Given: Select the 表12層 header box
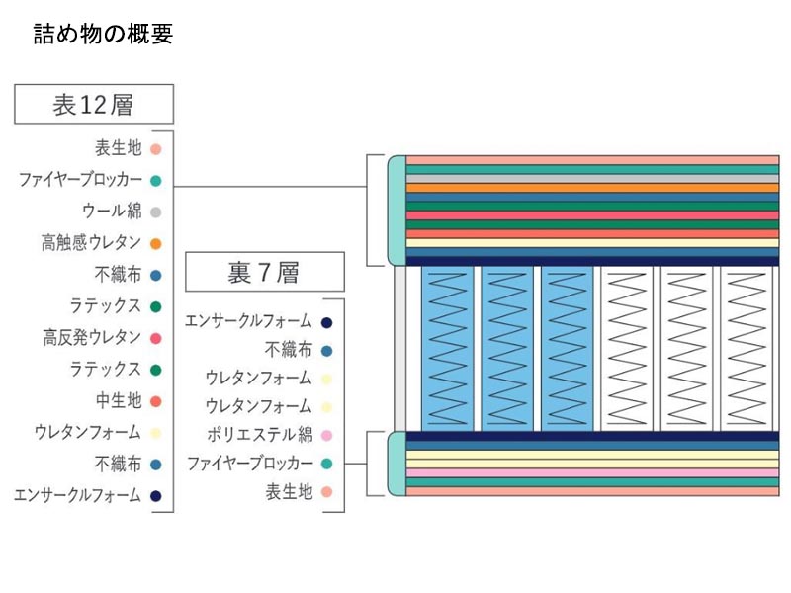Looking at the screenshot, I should click(94, 104).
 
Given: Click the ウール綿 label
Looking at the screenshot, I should click(112, 212).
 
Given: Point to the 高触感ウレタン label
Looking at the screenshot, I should click(92, 243).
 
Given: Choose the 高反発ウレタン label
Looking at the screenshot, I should click(92, 338).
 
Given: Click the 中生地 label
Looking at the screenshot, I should click(119, 401).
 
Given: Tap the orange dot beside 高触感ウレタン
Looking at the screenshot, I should click(156, 243).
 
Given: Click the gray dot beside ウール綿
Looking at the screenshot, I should click(156, 212).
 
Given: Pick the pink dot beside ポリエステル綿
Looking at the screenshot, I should click(326, 435).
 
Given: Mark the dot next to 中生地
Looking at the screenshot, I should click(156, 401).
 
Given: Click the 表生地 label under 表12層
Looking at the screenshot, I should click(119, 148).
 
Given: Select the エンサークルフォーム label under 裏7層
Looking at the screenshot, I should click(248, 321).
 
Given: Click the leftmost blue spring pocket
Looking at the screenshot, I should click(448, 347).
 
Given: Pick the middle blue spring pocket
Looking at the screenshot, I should click(507, 347).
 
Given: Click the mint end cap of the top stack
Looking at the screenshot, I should click(396, 210).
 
